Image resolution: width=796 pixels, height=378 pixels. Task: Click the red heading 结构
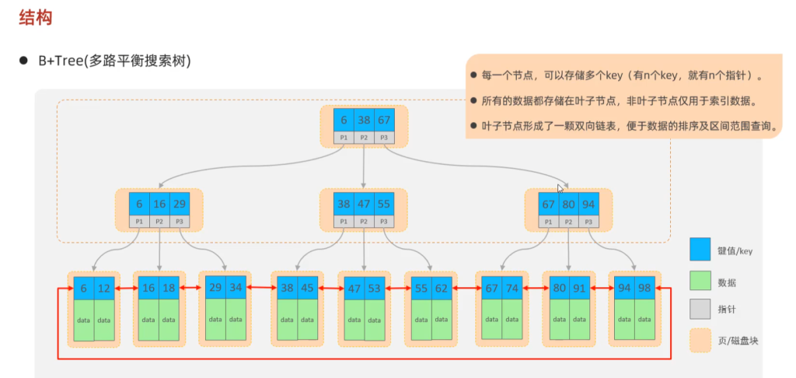point(36,19)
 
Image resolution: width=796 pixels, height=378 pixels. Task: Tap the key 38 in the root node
point(364,121)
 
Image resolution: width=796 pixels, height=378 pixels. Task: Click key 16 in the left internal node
point(159,205)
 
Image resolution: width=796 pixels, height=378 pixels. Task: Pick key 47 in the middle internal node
point(364,205)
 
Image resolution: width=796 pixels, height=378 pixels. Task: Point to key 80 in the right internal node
point(568,205)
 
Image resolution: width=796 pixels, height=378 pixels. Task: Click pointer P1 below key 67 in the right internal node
point(548,222)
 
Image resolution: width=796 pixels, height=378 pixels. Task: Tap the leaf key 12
point(104,288)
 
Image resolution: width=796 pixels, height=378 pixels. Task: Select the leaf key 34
point(236,287)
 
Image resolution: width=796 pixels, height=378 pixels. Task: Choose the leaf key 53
point(374,289)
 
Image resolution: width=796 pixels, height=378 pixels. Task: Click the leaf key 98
point(644,288)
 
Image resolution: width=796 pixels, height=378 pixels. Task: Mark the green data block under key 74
point(512,320)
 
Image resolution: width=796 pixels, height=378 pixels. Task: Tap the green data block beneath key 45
point(308,320)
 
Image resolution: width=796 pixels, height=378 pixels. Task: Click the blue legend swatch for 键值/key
point(700,250)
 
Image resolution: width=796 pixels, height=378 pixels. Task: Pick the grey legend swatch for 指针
point(700,309)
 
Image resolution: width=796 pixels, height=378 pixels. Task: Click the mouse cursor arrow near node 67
point(560,188)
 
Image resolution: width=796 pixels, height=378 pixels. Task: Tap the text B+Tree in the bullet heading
point(56,61)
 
